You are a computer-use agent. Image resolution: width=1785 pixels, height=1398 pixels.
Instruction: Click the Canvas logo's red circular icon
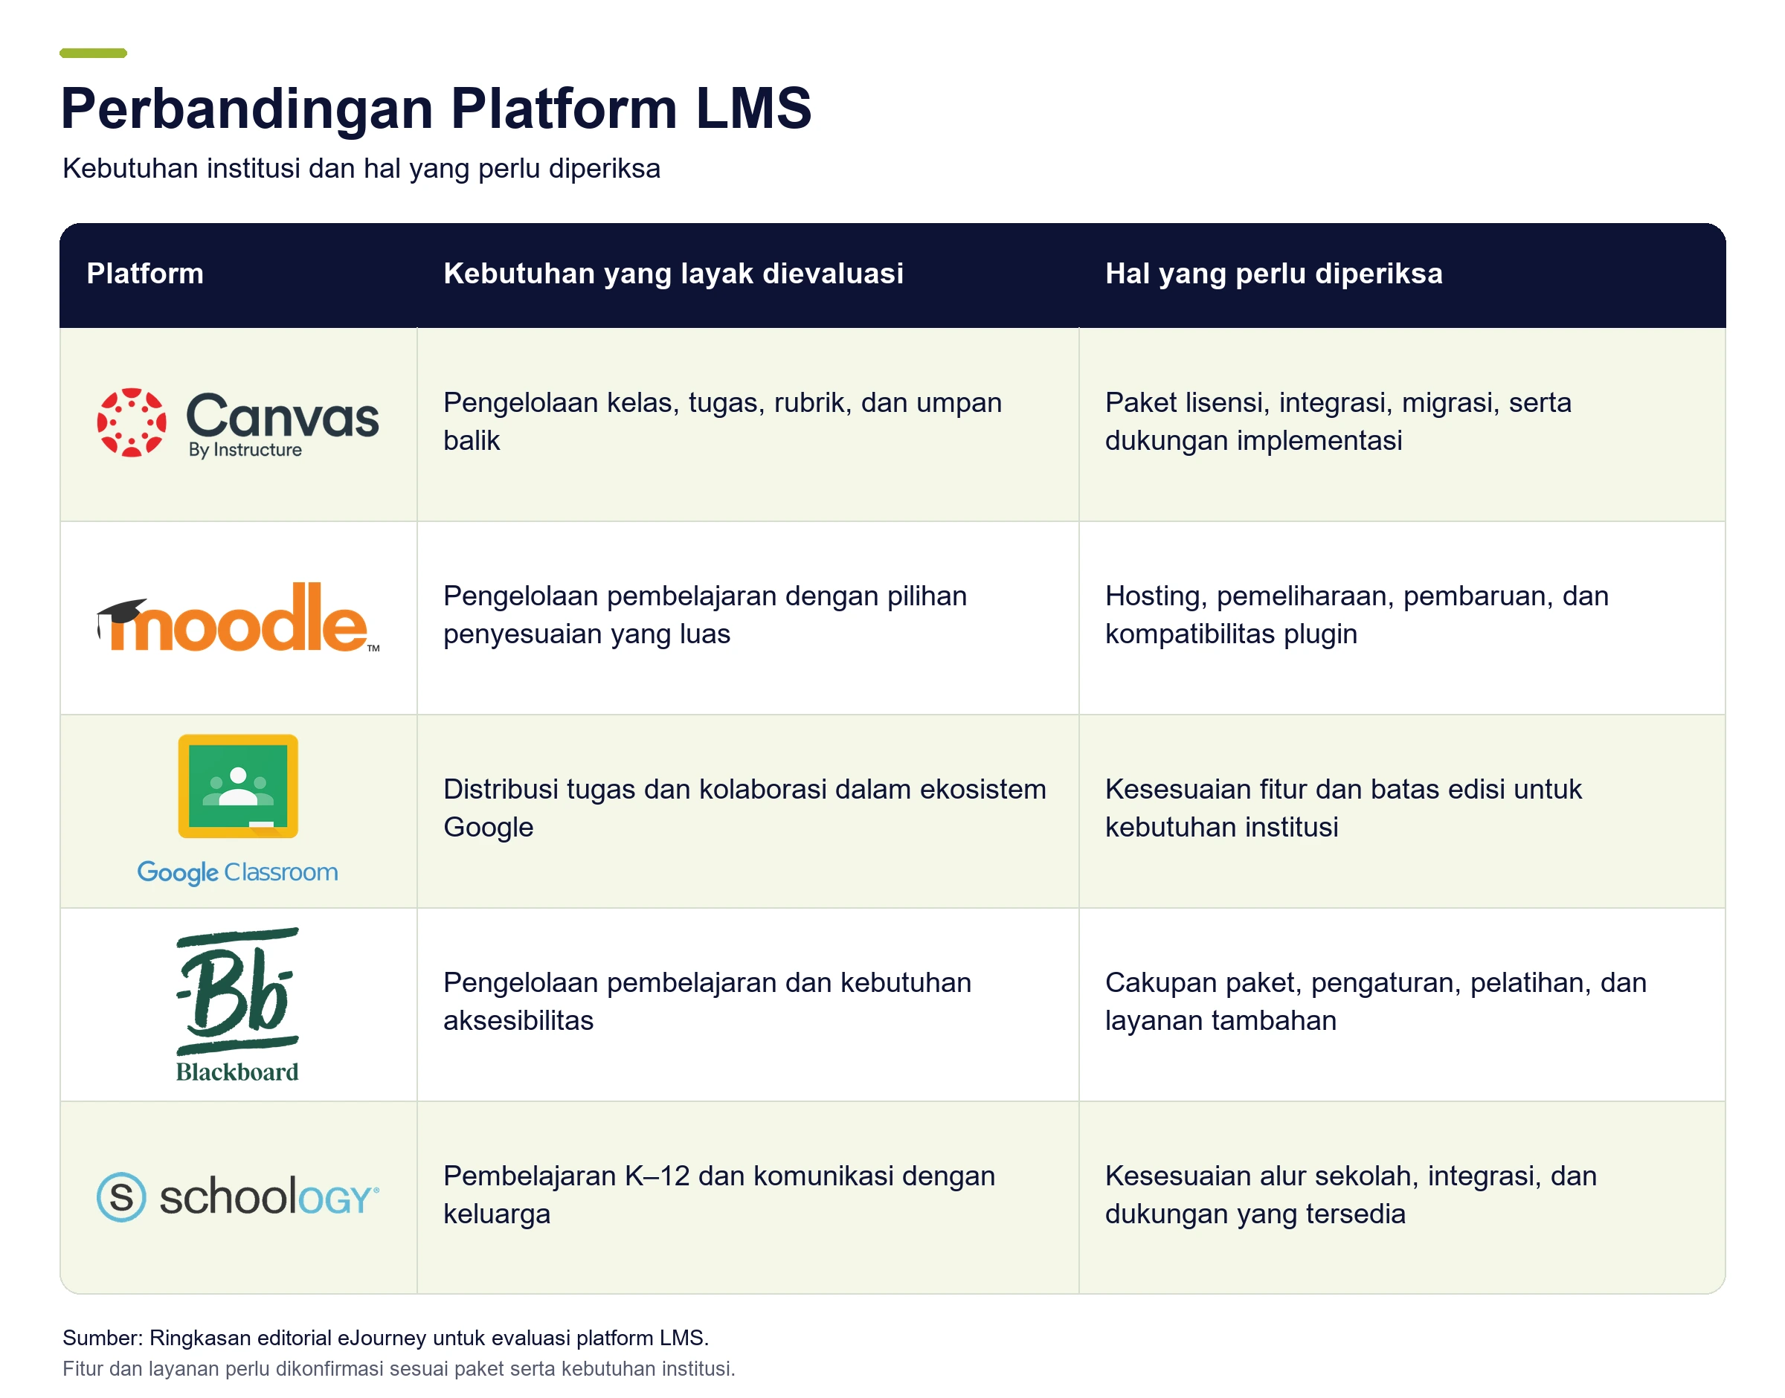point(131,422)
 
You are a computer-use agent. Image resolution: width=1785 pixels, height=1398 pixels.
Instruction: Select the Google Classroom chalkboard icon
point(238,786)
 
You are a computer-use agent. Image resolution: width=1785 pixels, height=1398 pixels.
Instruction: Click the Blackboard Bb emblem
point(237,991)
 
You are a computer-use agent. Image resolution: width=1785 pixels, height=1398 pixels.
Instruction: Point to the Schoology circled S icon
point(121,1196)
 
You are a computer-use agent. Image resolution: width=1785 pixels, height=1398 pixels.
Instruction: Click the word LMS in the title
point(753,108)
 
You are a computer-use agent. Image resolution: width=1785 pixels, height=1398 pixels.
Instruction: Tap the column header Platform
point(145,274)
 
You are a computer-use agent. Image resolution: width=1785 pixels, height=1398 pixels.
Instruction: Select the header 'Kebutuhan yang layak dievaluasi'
point(673,274)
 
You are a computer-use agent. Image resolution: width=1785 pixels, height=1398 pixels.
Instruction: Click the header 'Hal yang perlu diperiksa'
point(1273,274)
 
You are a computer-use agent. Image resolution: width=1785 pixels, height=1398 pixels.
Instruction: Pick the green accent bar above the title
point(93,54)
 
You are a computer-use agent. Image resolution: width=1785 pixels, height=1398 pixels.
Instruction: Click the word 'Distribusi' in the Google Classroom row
point(498,789)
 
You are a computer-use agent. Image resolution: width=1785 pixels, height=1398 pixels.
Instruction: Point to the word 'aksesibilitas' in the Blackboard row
point(518,1021)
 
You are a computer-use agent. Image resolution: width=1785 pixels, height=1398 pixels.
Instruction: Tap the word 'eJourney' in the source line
point(382,1339)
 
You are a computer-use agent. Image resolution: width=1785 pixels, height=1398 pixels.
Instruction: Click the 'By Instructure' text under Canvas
point(245,449)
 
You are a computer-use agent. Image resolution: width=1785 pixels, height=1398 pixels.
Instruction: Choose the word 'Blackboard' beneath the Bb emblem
point(237,1072)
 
